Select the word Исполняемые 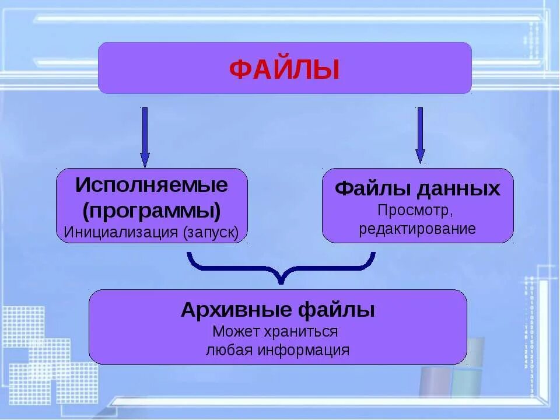click(152, 186)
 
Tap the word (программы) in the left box click(152, 210)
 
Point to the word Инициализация click(120, 232)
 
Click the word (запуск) click(211, 232)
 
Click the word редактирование click(418, 228)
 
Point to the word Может click(235, 331)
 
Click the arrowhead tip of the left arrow click(145, 167)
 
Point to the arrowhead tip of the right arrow click(420, 163)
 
